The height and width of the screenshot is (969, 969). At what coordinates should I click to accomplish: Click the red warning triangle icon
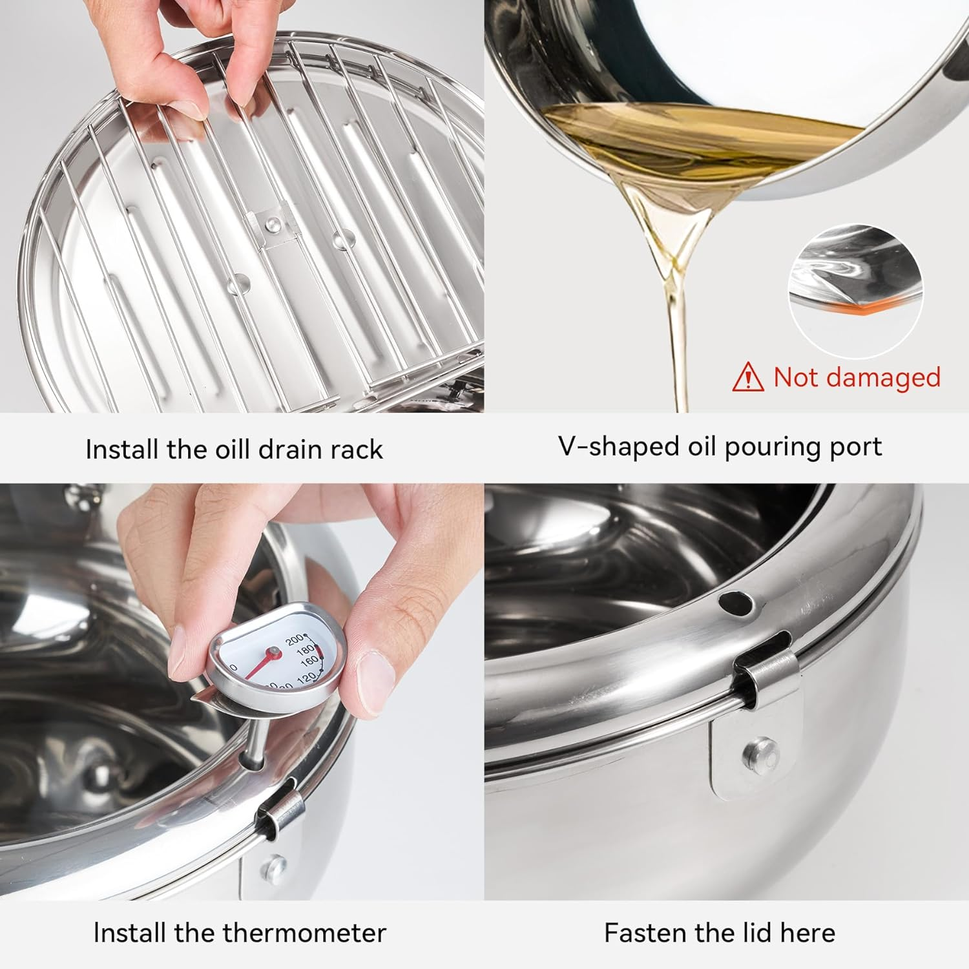[748, 377]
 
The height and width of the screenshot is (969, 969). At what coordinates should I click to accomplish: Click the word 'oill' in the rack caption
[231, 449]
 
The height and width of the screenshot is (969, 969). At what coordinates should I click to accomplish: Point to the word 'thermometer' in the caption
[304, 932]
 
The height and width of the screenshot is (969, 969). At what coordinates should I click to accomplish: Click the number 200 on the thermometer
[296, 641]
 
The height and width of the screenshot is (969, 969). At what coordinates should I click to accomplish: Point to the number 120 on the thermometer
[306, 677]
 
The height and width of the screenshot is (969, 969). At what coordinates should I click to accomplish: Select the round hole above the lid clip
[736, 603]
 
